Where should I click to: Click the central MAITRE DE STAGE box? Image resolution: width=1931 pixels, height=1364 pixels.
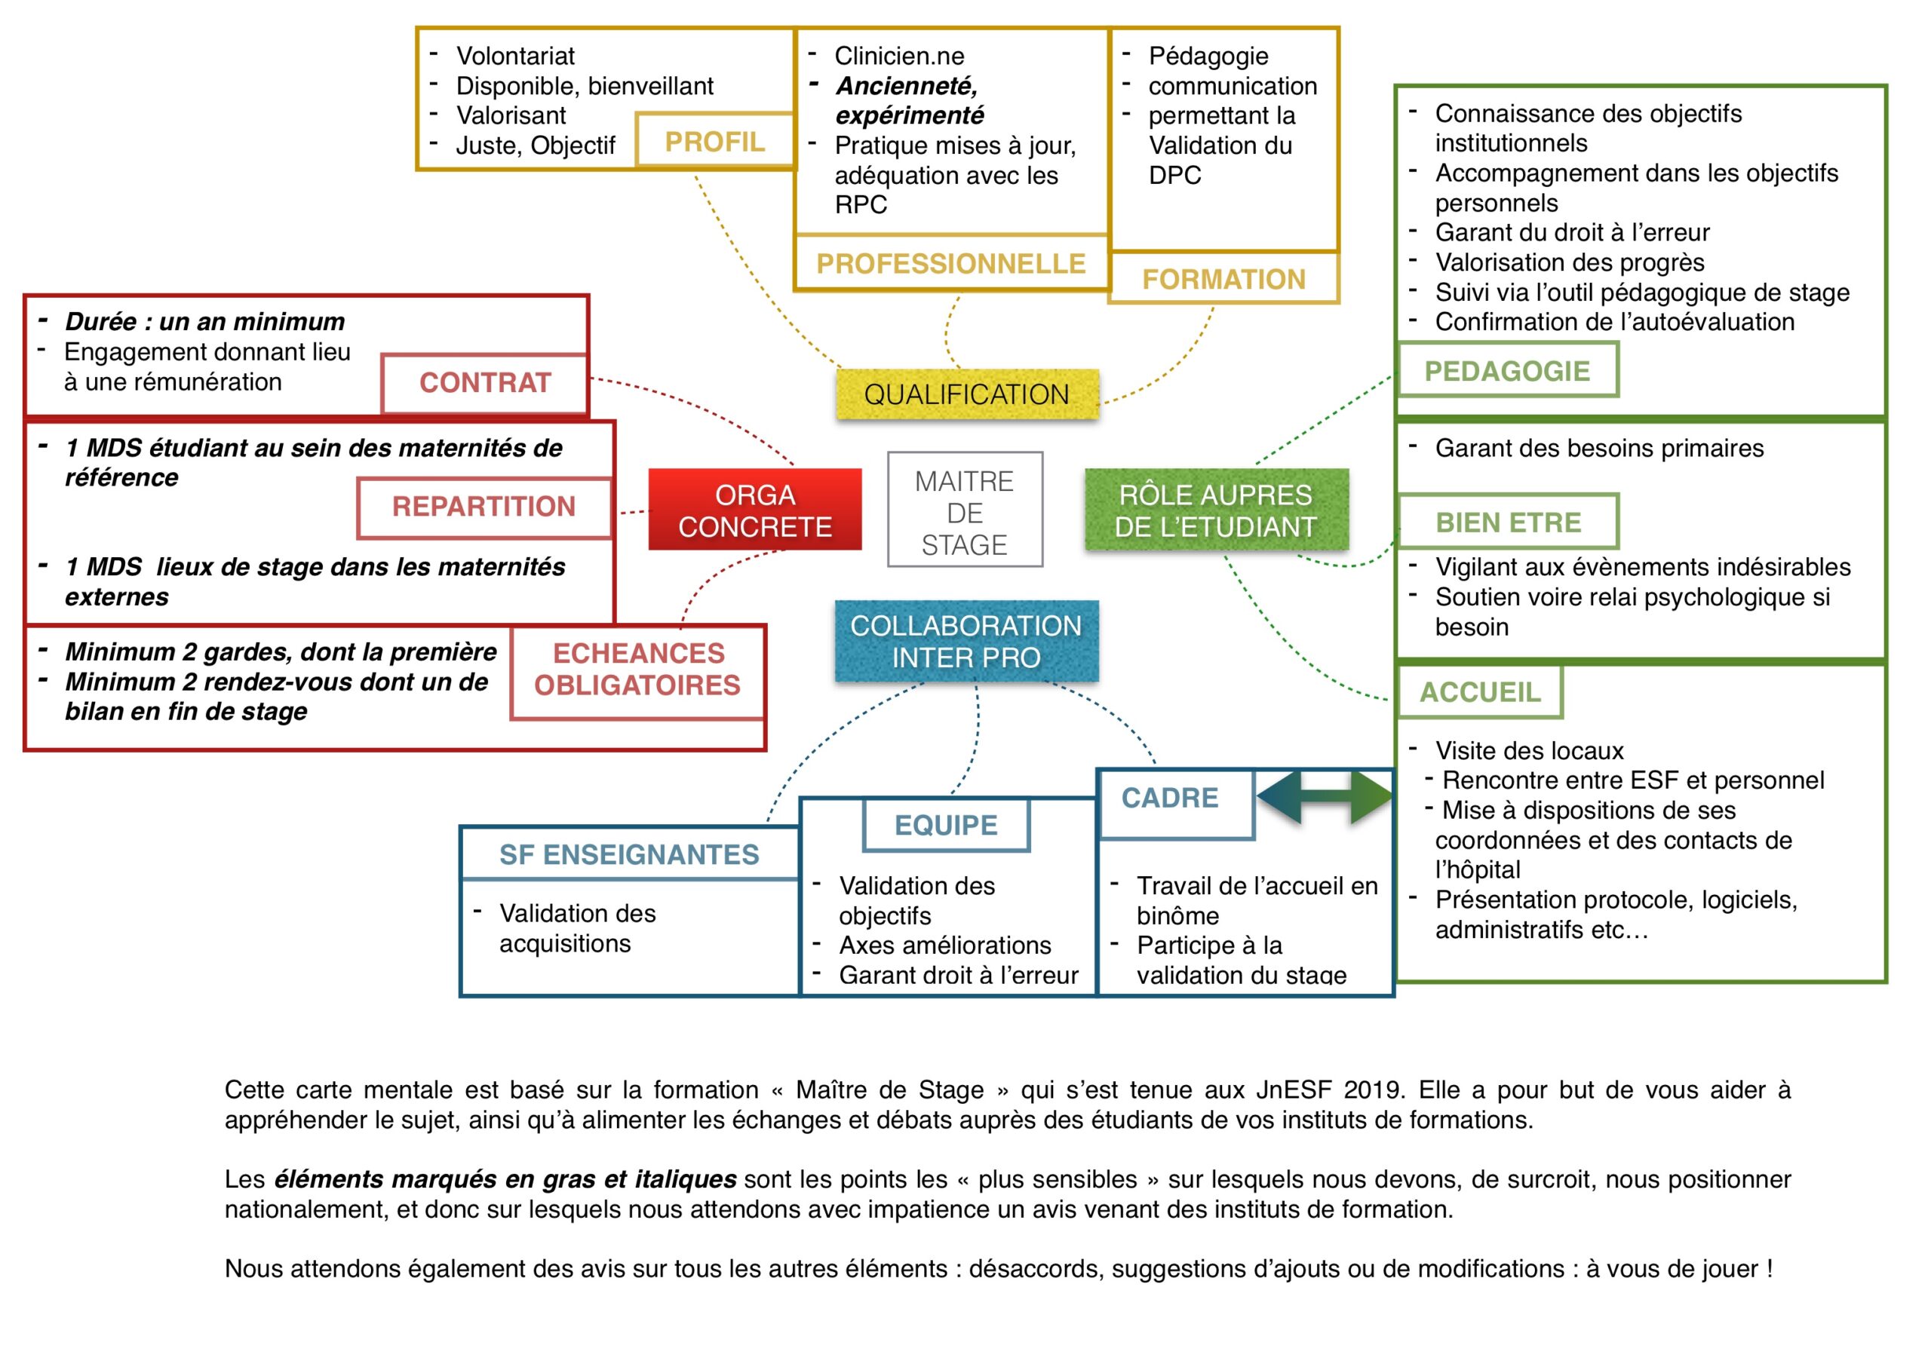coord(965,510)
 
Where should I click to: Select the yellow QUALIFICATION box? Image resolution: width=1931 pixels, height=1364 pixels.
coord(966,394)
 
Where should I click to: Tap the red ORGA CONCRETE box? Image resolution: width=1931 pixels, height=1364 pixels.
coord(754,510)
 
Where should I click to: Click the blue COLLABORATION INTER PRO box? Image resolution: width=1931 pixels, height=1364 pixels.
coord(965,641)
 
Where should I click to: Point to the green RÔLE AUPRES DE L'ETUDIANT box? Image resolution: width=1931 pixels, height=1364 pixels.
coord(1216,510)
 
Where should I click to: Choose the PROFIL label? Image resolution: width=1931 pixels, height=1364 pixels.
coord(715,141)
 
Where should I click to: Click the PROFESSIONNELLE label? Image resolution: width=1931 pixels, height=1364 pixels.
coord(950,263)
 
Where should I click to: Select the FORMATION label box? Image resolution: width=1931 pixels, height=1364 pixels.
coord(1223,278)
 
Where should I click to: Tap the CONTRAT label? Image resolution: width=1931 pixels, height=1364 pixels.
coord(484,382)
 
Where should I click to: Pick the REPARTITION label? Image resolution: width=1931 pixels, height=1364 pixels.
coord(484,506)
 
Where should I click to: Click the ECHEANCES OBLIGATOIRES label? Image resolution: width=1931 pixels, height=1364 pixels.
coord(637,670)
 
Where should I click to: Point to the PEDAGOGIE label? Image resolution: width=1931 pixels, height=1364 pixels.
coord(1506,371)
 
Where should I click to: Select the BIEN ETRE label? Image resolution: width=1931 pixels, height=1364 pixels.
coord(1508,523)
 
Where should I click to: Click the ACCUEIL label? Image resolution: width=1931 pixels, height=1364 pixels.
coord(1480,692)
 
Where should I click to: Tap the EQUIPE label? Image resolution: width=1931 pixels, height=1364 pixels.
coord(946,825)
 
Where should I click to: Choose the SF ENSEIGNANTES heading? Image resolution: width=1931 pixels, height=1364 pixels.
coord(629,854)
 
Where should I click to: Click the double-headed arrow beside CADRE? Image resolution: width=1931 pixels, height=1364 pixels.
coord(1325,798)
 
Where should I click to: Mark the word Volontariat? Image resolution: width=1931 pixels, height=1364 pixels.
coord(515,56)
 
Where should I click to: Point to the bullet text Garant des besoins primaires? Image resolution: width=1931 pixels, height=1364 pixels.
coord(1599,448)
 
